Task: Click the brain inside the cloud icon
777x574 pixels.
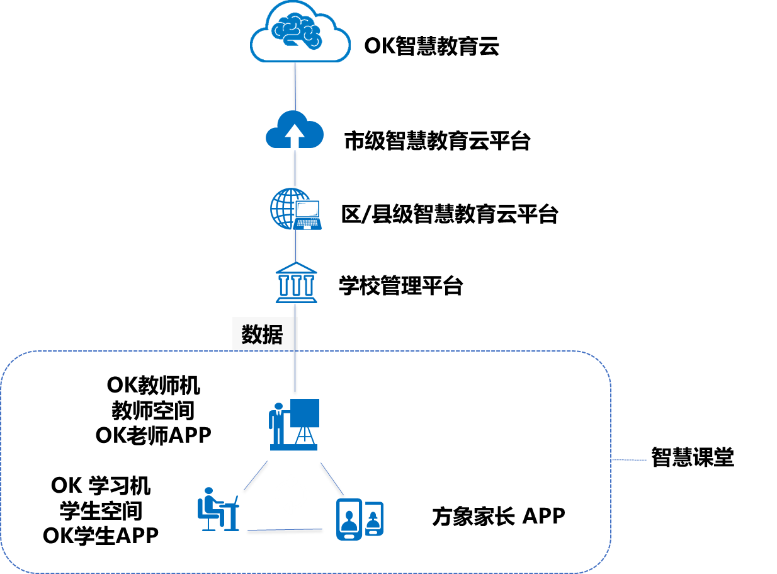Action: (297, 31)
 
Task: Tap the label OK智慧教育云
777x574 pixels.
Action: (431, 46)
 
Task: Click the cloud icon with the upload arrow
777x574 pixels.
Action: (295, 129)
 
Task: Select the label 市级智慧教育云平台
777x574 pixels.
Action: (437, 141)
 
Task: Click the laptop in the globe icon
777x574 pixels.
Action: (307, 215)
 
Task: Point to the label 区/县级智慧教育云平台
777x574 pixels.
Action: (450, 214)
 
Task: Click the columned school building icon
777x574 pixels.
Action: (297, 282)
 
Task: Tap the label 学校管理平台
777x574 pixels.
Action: (400, 286)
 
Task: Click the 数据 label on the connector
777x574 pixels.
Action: (262, 335)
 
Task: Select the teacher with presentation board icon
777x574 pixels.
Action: (294, 424)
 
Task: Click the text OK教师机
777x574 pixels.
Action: (154, 386)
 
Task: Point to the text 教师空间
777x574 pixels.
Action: (153, 411)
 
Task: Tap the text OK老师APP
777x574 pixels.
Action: (154, 436)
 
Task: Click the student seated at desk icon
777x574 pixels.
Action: (218, 509)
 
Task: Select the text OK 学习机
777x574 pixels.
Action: (101, 486)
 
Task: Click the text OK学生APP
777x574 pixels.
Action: (101, 536)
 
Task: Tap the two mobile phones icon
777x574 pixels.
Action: (360, 519)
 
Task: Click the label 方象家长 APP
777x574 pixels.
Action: (499, 517)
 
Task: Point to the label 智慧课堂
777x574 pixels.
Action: (693, 457)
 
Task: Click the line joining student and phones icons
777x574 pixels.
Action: (285, 530)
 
